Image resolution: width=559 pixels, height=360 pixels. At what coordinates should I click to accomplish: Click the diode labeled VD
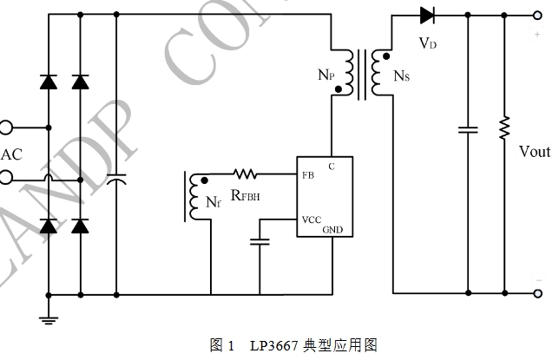pyautogui.click(x=426, y=15)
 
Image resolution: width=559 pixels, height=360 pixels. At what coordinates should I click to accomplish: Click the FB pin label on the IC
pyautogui.click(x=308, y=175)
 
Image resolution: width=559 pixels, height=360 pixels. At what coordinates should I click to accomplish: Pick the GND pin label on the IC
pyautogui.click(x=333, y=230)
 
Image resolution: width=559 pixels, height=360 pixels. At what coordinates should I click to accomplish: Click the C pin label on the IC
pyautogui.click(x=332, y=165)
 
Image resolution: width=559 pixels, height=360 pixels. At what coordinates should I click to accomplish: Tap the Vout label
pyautogui.click(x=534, y=153)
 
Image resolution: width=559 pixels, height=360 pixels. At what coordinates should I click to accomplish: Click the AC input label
pyautogui.click(x=11, y=155)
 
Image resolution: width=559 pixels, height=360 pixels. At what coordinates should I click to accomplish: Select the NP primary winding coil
pyautogui.click(x=351, y=74)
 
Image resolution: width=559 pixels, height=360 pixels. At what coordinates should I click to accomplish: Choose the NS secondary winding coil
pyautogui.click(x=375, y=73)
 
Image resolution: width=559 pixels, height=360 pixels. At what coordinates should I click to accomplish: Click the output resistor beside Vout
pyautogui.click(x=503, y=129)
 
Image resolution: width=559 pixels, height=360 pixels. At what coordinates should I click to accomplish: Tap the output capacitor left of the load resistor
pyautogui.click(x=468, y=130)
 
